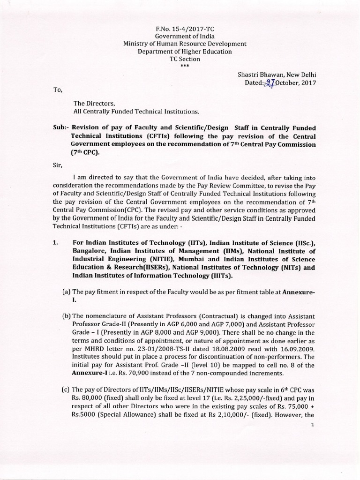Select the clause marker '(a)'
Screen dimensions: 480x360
click(67, 292)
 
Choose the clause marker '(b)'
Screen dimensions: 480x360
click(67, 316)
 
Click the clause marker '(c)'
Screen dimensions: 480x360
click(67, 389)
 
